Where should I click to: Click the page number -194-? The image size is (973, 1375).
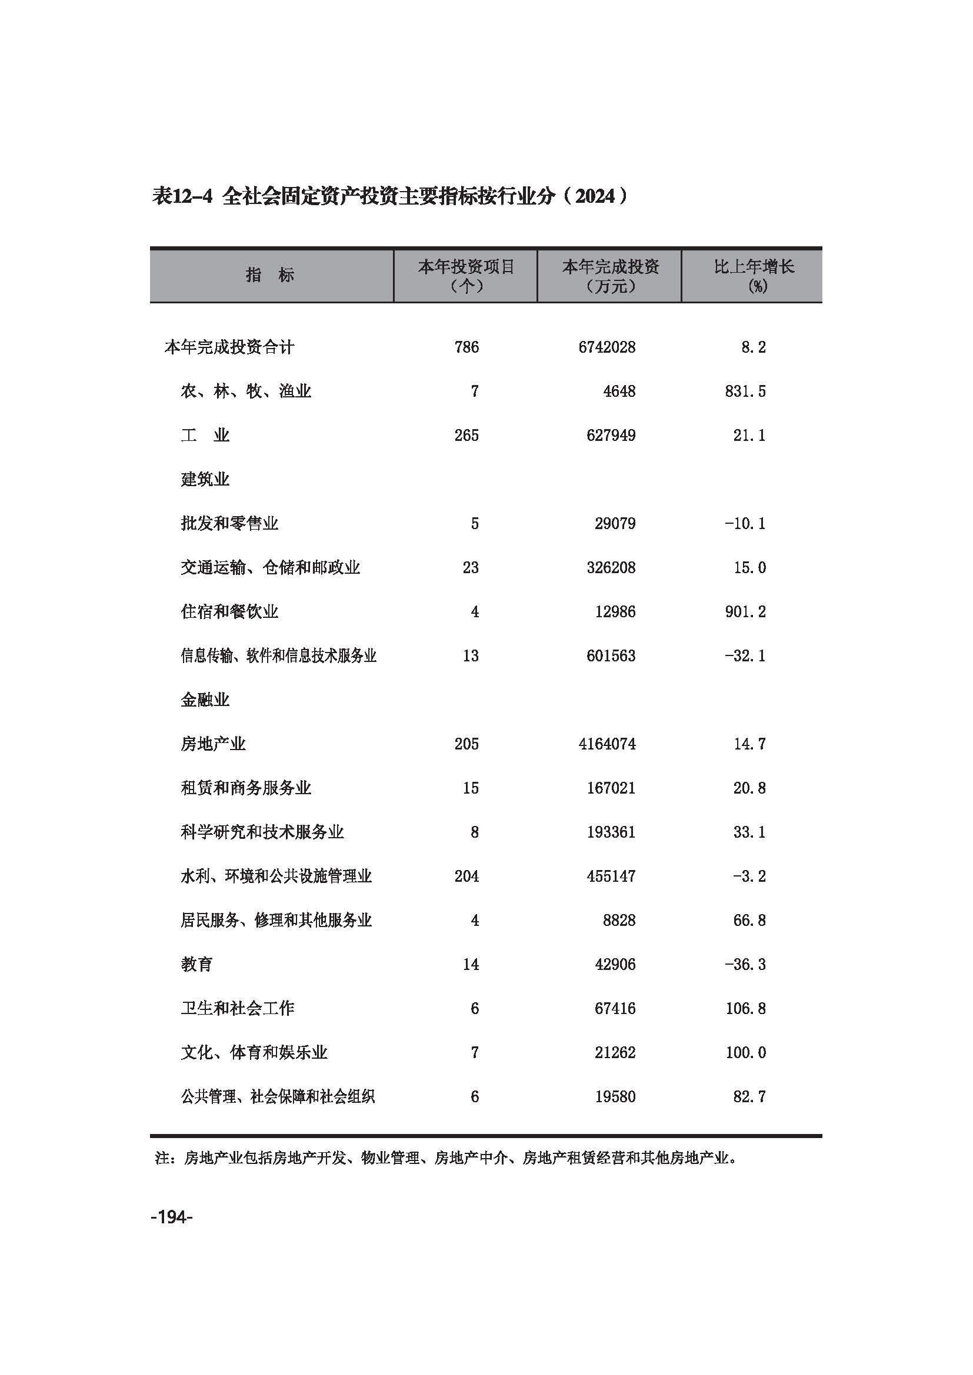point(171,1217)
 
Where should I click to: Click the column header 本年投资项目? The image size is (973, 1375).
point(466,267)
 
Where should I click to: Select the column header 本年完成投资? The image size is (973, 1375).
point(610,267)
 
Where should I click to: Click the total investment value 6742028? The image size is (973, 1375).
point(607,347)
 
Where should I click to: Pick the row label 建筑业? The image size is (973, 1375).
point(205,480)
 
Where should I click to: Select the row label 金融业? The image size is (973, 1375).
point(205,700)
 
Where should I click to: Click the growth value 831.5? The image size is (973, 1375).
point(745,392)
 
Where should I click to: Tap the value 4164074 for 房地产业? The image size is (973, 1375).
point(607,744)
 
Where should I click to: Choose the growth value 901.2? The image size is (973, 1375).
point(745,612)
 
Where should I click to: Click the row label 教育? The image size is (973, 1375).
point(196,965)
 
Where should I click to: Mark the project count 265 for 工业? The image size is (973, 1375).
point(466,436)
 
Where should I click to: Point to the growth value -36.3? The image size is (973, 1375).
point(745,965)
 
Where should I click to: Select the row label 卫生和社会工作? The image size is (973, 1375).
point(237,1009)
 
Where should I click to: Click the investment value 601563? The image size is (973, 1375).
point(611,657)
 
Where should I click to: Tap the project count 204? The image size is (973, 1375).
point(466,876)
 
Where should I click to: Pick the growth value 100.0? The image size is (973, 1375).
point(745,1053)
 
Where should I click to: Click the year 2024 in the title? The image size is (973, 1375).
point(595,196)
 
